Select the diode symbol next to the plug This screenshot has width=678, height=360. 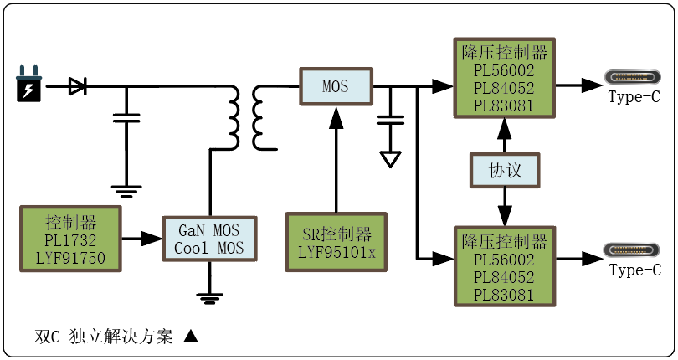point(78,85)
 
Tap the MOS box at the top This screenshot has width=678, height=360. point(335,85)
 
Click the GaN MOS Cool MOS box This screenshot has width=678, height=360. point(209,239)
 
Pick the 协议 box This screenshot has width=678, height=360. point(505,170)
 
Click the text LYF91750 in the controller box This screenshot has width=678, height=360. point(71,258)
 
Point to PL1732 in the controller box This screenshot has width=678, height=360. point(71,240)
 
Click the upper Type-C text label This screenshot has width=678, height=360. point(634,97)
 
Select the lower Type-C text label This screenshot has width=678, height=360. point(634,270)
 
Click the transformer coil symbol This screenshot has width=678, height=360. point(244,117)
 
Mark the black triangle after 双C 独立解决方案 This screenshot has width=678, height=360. point(190,337)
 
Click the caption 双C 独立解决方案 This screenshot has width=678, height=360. point(104,337)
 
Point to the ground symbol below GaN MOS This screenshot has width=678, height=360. point(209,294)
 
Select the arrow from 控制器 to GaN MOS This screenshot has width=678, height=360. point(142,239)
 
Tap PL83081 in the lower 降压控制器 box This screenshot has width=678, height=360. point(504,294)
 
